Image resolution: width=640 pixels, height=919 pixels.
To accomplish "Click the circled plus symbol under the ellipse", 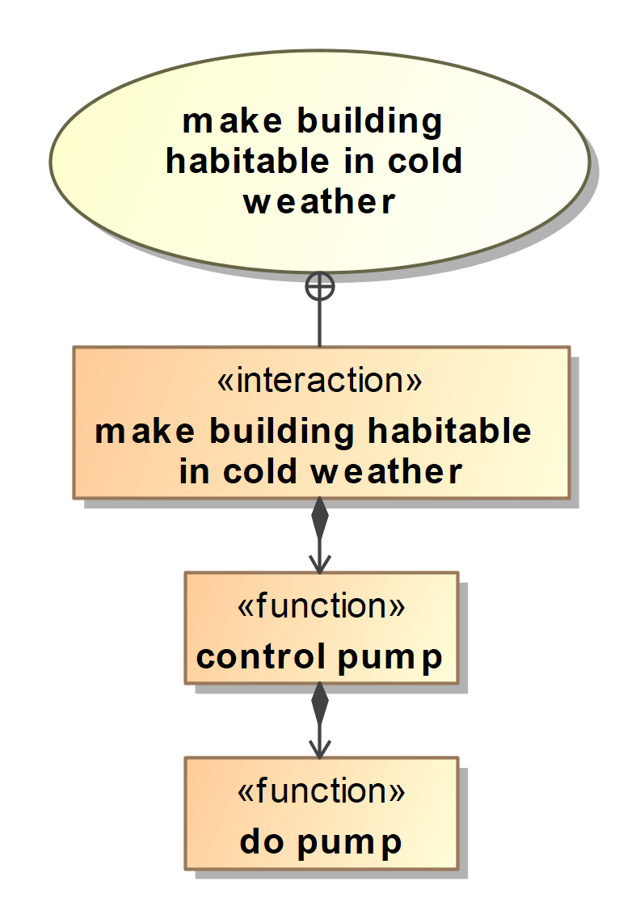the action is click(320, 287).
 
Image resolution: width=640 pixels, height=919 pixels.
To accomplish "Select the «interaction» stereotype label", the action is click(319, 381).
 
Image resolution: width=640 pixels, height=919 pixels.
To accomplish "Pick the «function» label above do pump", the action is click(321, 790).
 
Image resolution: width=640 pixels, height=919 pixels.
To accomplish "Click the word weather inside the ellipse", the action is click(319, 202).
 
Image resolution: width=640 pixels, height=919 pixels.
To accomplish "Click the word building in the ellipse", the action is click(370, 122).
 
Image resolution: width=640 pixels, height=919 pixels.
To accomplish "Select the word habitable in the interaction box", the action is click(449, 431).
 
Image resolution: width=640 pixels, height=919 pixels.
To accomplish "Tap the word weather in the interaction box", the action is click(386, 472).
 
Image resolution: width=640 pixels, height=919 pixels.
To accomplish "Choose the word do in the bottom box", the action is click(262, 841).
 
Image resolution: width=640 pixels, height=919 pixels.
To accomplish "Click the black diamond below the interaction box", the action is click(319, 518).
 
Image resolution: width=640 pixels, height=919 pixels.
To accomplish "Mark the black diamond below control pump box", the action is click(319, 703).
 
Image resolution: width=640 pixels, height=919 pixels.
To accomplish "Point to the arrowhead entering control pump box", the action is click(319, 564).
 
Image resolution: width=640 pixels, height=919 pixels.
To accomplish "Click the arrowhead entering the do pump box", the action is click(319, 749).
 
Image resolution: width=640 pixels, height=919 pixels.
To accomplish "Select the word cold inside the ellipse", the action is click(425, 161).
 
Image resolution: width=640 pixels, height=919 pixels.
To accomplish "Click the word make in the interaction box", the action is click(145, 431).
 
